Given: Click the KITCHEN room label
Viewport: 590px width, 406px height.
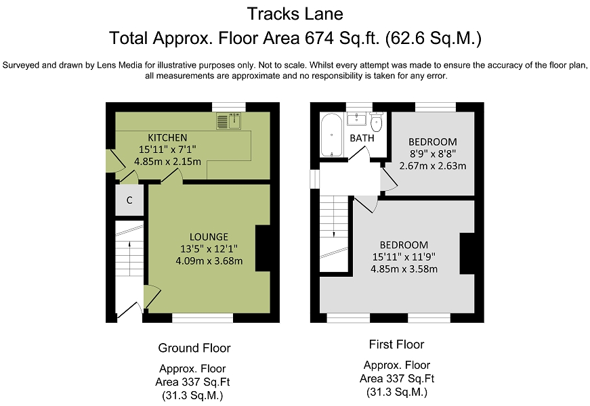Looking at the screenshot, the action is [167, 137].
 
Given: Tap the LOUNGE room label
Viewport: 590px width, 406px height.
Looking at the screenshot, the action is [209, 237].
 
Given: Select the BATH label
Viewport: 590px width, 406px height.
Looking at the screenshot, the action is [362, 138].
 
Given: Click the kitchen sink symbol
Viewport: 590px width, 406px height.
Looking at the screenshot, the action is [228, 120].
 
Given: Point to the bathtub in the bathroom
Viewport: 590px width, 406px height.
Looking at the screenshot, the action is [331, 135].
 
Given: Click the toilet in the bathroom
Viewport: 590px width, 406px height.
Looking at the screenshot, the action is [376, 121].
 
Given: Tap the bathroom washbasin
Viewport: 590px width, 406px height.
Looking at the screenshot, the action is [356, 118].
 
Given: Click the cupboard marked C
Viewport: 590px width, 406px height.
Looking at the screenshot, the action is [129, 200].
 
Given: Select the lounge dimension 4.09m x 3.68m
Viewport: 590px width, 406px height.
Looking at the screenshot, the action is [209, 261].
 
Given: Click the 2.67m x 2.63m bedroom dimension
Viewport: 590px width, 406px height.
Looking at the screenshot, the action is [433, 166].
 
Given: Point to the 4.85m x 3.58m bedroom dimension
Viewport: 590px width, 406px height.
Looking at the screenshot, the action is [404, 269].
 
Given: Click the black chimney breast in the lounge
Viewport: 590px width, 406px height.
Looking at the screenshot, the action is [263, 248].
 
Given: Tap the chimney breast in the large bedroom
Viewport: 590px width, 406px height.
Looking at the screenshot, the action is [467, 253].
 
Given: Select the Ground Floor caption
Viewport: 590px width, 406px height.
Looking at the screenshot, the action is [194, 348].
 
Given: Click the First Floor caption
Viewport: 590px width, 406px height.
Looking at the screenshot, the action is [396, 344].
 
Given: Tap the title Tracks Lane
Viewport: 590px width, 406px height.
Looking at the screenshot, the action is [295, 14].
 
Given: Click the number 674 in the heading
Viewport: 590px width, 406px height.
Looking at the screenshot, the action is [320, 38].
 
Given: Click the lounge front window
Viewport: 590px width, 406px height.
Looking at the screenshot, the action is [203, 319].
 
